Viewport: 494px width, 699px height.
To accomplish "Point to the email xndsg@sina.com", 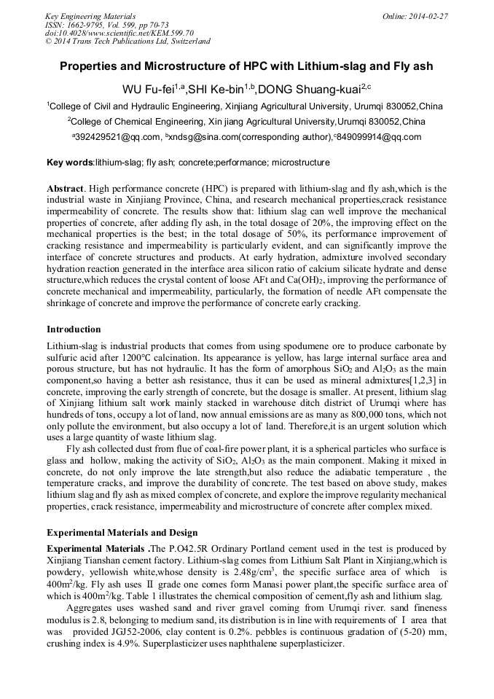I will point(204,137).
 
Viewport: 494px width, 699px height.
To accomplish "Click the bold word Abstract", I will point(66,188).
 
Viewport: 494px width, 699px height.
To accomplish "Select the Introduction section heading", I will point(74,329).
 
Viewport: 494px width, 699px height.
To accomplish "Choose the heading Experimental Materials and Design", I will point(122,533).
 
